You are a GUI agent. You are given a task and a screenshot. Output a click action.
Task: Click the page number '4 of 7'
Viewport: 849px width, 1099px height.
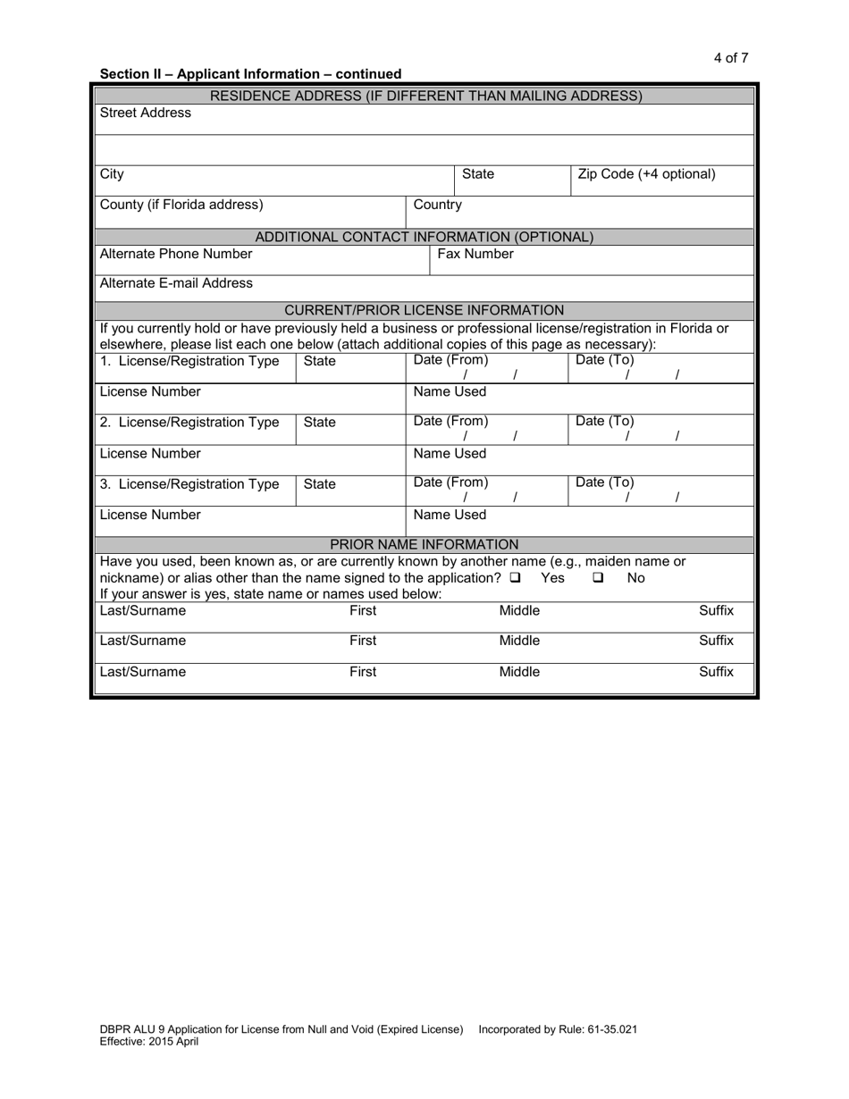coord(730,58)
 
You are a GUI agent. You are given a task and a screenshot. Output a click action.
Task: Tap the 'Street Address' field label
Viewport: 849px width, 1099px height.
coord(145,113)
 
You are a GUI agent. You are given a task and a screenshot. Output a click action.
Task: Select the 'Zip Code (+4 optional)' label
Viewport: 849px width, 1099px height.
coord(646,174)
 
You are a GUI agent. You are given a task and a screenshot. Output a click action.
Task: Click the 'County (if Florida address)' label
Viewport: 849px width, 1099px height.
coord(181,205)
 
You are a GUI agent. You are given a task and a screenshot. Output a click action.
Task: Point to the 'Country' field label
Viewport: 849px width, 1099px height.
coord(437,205)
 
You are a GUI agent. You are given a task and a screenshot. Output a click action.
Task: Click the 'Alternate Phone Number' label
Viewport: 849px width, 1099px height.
coord(176,254)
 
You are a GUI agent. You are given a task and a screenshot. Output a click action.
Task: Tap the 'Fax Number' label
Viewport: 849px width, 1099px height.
coord(475,254)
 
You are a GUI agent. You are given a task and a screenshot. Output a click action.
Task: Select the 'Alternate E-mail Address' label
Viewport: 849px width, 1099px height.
coord(176,283)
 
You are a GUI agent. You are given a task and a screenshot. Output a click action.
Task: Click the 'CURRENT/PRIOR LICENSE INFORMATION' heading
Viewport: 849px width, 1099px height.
coord(424,310)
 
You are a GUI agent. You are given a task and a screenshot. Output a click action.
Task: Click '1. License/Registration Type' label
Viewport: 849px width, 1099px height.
coord(189,361)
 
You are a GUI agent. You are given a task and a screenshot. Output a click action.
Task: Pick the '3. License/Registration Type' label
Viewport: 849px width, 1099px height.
coord(189,484)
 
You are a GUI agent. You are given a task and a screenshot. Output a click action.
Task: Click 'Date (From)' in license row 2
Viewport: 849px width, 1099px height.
coord(450,421)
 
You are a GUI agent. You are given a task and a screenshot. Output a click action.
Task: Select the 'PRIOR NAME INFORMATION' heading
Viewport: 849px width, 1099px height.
coord(424,544)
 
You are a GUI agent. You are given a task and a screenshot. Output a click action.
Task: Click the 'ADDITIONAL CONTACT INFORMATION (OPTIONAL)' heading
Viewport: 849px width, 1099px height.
coord(424,237)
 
